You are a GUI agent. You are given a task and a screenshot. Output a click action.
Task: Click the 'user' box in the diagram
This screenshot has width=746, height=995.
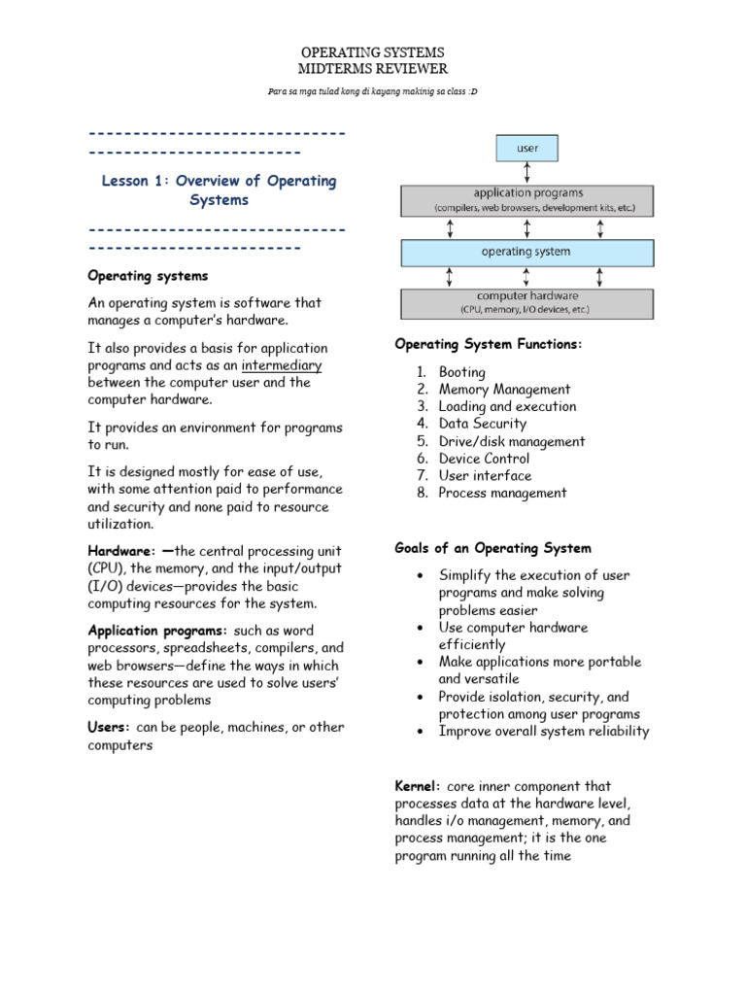point(526,149)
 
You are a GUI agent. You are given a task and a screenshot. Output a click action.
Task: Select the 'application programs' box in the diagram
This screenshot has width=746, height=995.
point(527,200)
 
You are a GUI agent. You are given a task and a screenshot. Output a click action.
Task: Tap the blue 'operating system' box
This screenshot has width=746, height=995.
point(527,252)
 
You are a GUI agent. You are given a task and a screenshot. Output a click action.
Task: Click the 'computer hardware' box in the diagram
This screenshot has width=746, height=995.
point(527,303)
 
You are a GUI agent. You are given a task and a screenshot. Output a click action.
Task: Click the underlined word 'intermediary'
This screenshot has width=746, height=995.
point(282,365)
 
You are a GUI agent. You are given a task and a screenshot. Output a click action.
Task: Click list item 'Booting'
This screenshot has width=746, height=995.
point(461,372)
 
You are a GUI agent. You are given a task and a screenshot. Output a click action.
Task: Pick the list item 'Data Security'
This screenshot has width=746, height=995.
point(482,424)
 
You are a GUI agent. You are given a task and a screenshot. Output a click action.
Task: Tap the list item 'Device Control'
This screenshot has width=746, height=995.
point(484,459)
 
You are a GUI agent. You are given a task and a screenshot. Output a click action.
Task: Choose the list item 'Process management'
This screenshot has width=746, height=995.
point(502,493)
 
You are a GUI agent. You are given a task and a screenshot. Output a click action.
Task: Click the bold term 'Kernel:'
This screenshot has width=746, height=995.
point(419,785)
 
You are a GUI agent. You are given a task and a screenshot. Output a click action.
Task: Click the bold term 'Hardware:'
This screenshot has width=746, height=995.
point(120,551)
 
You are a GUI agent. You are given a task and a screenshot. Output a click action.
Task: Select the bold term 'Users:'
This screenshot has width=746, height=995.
point(110,727)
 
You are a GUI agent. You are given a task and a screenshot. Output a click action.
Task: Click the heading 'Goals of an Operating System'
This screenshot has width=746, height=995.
point(492,548)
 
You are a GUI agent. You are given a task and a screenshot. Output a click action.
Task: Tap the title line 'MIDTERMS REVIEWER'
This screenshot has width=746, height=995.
point(373,69)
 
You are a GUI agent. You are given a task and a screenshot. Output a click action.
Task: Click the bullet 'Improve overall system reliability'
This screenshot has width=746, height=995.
point(544,732)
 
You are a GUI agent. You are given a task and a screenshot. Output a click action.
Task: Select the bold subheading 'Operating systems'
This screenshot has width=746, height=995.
point(148,276)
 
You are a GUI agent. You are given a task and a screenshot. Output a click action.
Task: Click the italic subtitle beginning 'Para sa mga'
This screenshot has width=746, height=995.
point(373,91)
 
